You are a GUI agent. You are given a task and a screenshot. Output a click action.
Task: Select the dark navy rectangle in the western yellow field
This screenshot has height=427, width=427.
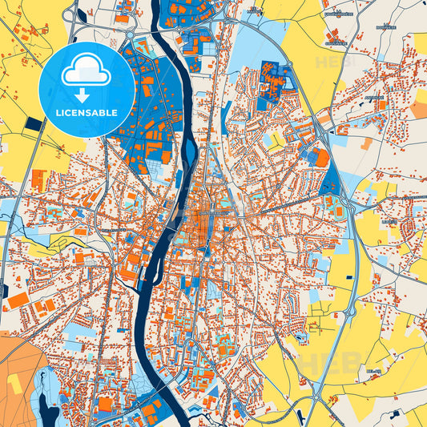click(34, 123)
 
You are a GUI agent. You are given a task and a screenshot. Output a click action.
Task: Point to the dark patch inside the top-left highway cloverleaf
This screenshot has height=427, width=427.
click(71, 14)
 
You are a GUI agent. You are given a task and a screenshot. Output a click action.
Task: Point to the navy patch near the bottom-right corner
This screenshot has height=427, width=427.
click(393, 416)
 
